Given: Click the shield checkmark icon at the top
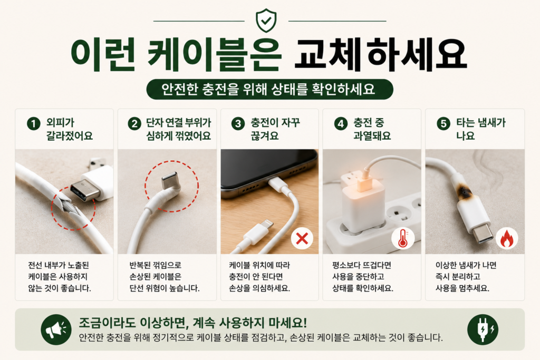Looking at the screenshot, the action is (x=266, y=21).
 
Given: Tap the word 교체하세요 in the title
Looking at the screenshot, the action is (x=381, y=55).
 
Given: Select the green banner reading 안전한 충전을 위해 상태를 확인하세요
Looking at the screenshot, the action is (x=269, y=90).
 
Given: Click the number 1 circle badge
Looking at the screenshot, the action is (x=33, y=123).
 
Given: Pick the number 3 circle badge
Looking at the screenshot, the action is (x=238, y=123).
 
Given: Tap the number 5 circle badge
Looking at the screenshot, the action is (x=443, y=123).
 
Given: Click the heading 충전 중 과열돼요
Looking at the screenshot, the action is (x=372, y=129).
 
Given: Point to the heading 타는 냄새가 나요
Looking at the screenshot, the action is (x=481, y=129).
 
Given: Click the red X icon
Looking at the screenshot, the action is (x=302, y=238).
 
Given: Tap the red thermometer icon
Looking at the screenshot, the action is (x=402, y=238).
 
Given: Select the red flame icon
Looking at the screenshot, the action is (x=507, y=239).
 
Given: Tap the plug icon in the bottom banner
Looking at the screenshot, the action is (x=483, y=329).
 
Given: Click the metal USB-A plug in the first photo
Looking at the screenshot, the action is (x=83, y=190).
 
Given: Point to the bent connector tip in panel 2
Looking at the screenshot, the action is (x=170, y=180).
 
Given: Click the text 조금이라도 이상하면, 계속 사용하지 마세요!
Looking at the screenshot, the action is (x=193, y=323).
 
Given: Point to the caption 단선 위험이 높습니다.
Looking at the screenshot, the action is (x=165, y=288).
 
